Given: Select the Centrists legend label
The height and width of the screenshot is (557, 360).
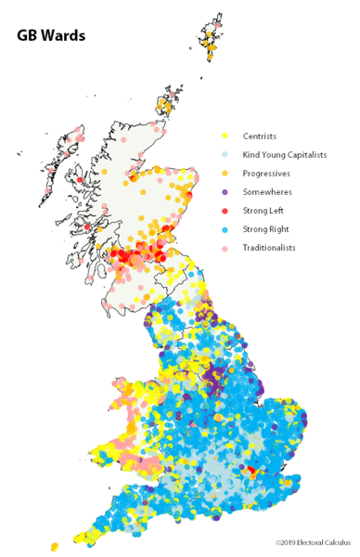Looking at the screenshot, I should pos(259,136).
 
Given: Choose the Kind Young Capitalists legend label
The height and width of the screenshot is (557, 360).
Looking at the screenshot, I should pos(285,155).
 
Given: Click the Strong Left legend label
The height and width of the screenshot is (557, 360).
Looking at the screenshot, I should pos(264,210).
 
